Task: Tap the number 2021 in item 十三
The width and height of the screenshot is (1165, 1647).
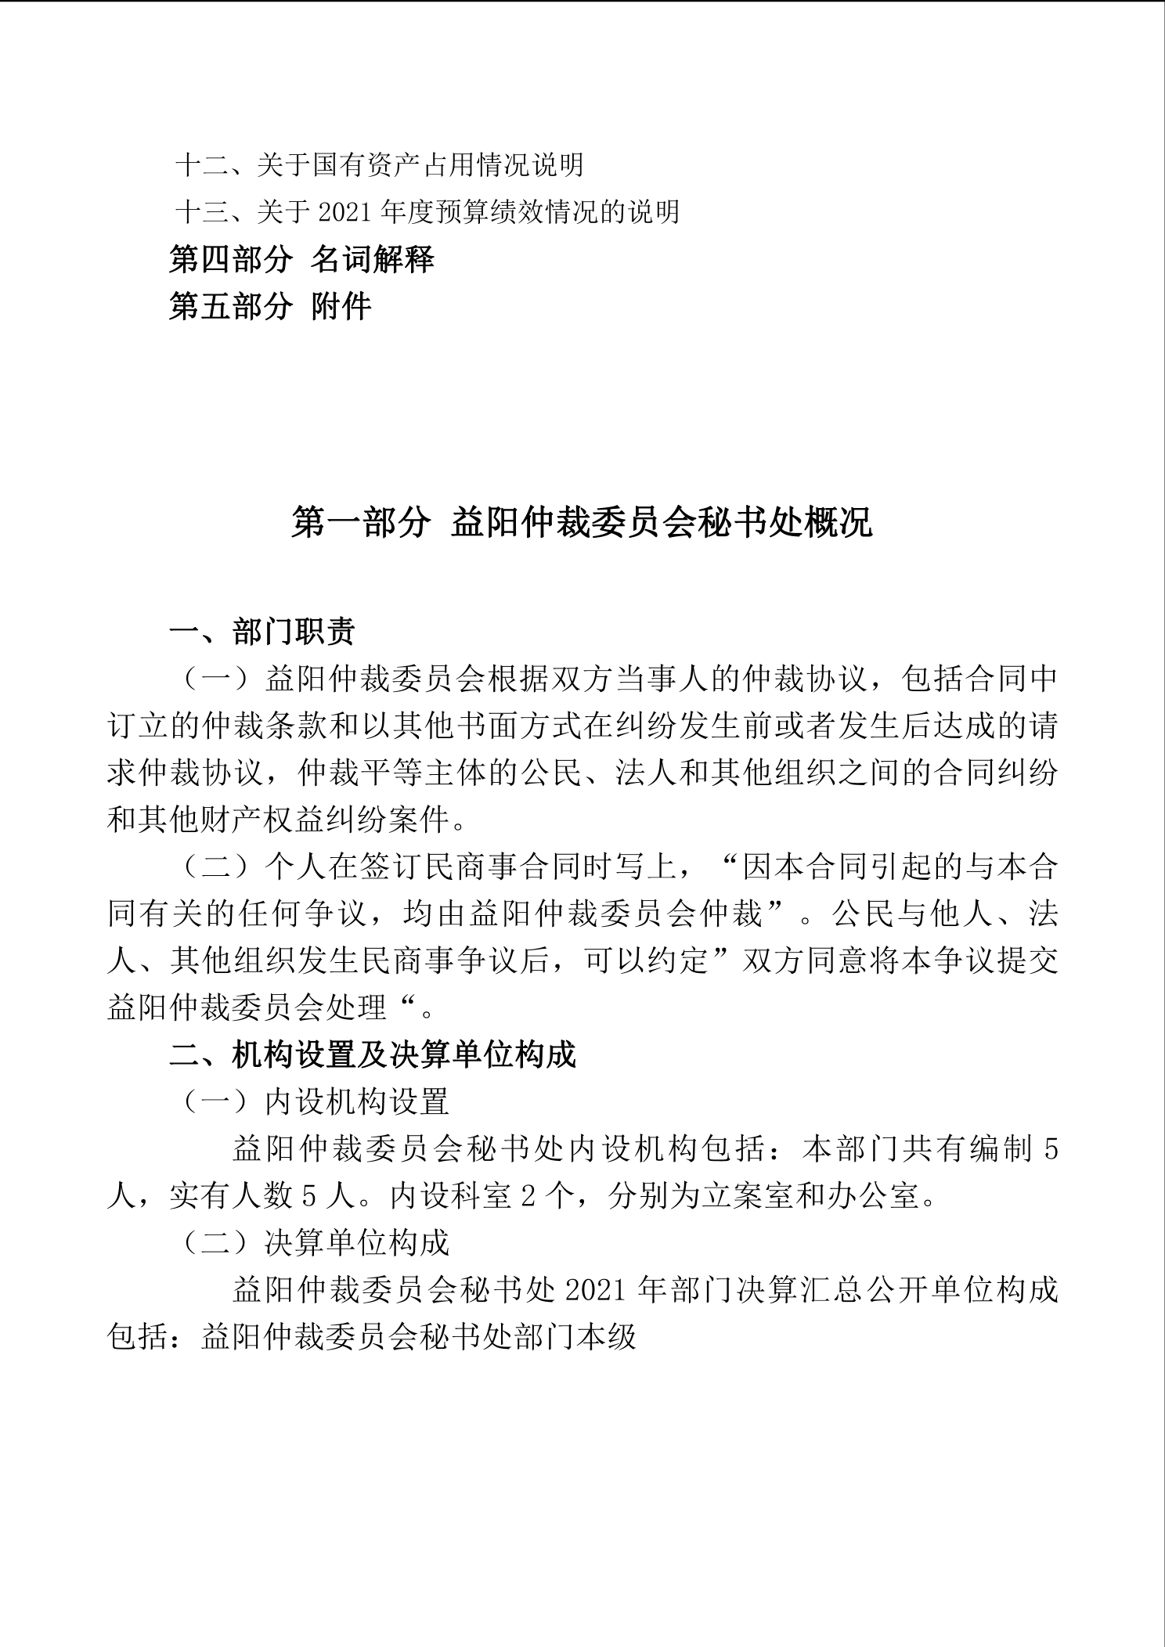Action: [347, 212]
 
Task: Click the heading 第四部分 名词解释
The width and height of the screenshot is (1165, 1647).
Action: [301, 259]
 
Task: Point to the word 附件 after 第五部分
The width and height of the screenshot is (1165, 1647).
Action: [341, 306]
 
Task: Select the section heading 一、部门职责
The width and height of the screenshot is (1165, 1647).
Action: [262, 632]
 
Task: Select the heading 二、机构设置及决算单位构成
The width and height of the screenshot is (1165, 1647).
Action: [373, 1054]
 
